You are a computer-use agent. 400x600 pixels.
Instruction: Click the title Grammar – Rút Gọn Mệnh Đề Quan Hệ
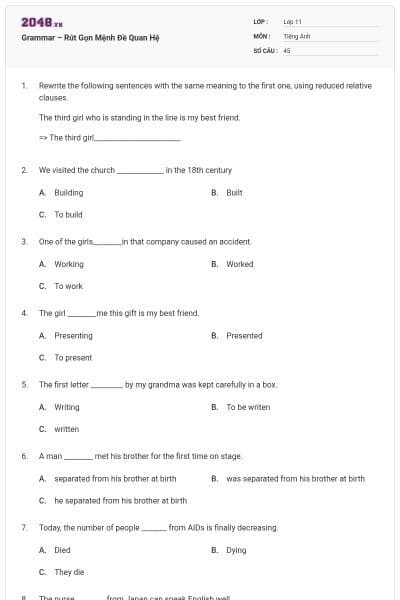click(90, 38)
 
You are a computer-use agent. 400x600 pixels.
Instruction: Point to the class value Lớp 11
click(292, 21)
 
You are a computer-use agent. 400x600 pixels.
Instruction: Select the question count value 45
click(287, 49)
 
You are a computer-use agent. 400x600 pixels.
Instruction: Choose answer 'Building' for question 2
click(68, 192)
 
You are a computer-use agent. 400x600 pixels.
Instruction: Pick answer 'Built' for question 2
click(234, 192)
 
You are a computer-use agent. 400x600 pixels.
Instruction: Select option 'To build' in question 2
click(68, 214)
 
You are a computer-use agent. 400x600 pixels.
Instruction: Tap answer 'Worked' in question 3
click(239, 264)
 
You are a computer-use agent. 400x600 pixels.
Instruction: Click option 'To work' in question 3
click(68, 286)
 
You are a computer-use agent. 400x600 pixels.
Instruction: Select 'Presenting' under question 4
click(73, 336)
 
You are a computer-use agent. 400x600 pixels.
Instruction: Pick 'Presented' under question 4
click(244, 336)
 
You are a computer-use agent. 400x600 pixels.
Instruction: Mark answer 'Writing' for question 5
click(66, 407)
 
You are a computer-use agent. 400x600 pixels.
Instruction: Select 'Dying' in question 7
click(236, 550)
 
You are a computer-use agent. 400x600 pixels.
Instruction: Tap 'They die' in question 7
click(69, 572)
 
